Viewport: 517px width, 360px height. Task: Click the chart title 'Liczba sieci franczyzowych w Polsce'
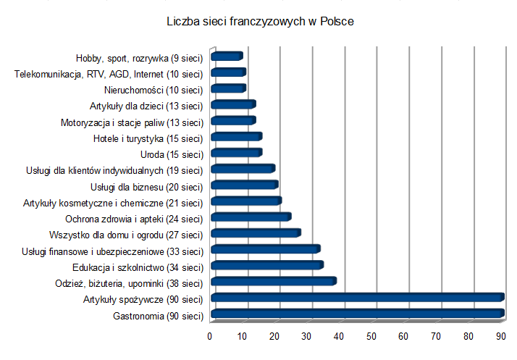pos(260,22)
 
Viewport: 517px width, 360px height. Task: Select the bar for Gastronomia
pos(358,314)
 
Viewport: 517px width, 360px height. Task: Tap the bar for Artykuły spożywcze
pos(358,297)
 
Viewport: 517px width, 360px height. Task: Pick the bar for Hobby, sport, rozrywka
pos(227,56)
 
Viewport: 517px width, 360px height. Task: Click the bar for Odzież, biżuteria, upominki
pos(274,281)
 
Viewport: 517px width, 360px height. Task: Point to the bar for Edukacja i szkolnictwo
pos(267,265)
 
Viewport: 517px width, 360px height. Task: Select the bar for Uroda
pos(237,152)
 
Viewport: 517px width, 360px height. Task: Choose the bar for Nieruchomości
pos(229,88)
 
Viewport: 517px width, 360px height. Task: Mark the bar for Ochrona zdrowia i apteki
pos(251,217)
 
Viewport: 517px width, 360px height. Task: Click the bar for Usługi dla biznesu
pos(245,185)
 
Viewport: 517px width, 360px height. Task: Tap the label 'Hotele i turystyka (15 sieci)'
pos(148,139)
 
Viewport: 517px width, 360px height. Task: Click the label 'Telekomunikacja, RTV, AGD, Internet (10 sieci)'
pos(109,75)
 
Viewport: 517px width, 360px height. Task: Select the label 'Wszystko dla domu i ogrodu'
pos(106,235)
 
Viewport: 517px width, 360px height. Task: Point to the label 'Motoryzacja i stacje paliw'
pos(112,122)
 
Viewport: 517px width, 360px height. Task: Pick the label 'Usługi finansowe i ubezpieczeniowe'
pos(93,252)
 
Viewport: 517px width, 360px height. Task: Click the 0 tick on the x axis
pos(210,336)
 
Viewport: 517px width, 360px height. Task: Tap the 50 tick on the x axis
pos(371,336)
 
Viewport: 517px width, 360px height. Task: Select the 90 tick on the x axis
pos(501,336)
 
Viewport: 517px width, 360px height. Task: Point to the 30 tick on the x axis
pos(306,336)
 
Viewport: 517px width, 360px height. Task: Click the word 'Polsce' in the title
pos(337,22)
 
